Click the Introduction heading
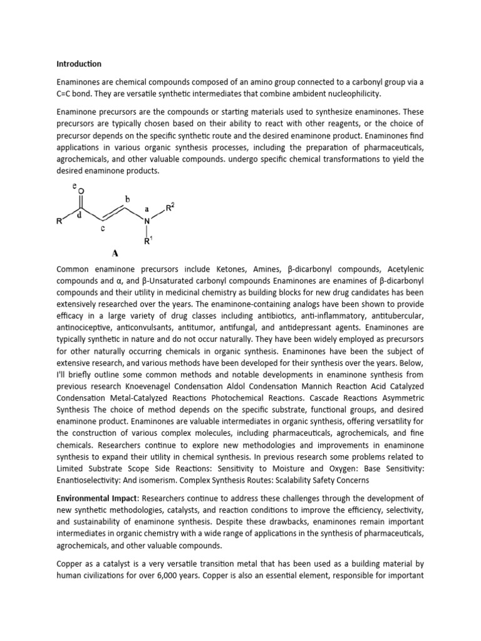pyautogui.click(x=78, y=64)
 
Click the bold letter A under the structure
pyautogui.click(x=115, y=254)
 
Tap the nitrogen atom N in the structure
pyautogui.click(x=147, y=221)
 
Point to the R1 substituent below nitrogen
pyautogui.click(x=148, y=240)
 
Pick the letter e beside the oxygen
pyautogui.click(x=75, y=185)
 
